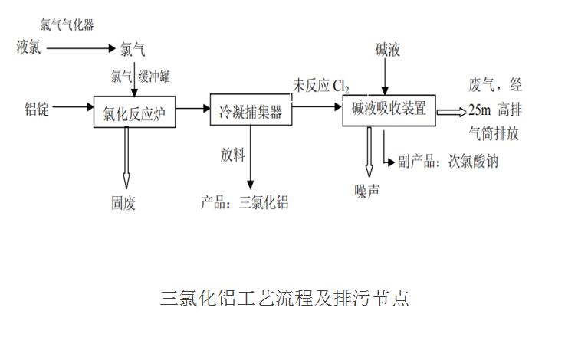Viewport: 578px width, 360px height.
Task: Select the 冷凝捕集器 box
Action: point(250,112)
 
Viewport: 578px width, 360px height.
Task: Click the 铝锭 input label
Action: point(36,110)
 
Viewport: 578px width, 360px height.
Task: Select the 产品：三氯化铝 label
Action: point(245,202)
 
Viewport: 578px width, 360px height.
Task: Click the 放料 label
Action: point(232,155)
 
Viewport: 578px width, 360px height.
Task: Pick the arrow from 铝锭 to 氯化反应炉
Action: point(73,109)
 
